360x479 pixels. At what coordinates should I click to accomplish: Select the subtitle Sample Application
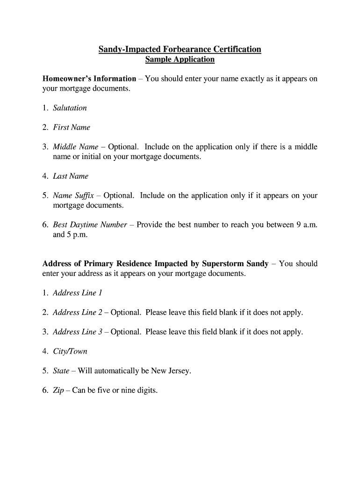(x=180, y=59)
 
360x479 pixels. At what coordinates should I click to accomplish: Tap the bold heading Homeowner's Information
(x=89, y=79)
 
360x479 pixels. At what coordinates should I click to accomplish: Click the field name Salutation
(x=70, y=108)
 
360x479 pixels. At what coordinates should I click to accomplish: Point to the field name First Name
(x=72, y=127)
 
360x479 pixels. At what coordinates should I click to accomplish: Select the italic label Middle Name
(x=76, y=147)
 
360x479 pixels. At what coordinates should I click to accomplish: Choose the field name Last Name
(x=71, y=176)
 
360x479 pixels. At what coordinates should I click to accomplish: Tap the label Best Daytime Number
(x=90, y=225)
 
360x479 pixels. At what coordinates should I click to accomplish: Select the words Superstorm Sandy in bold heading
(x=235, y=264)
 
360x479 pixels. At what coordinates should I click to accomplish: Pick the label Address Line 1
(x=78, y=293)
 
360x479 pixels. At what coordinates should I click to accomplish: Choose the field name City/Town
(x=70, y=351)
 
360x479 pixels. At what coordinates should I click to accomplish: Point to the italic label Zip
(x=58, y=391)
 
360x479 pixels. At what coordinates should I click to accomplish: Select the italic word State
(x=61, y=371)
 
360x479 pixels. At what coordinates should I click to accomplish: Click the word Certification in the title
(x=237, y=49)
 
